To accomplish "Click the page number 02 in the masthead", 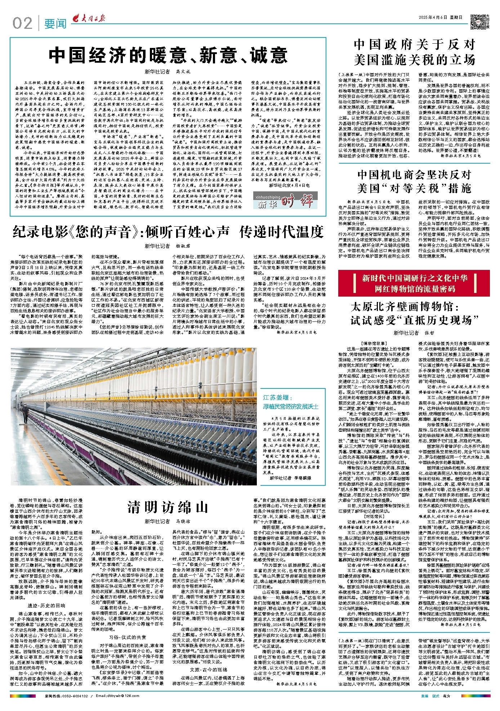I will (22, 24).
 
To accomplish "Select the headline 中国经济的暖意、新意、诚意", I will (168, 55).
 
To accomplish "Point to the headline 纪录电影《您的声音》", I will (168, 232).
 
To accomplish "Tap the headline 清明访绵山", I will (168, 507).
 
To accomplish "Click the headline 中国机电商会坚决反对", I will (414, 181).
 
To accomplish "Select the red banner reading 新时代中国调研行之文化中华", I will (414, 283).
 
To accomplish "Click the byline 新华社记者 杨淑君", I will (168, 246).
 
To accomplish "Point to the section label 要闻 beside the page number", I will (55, 24).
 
